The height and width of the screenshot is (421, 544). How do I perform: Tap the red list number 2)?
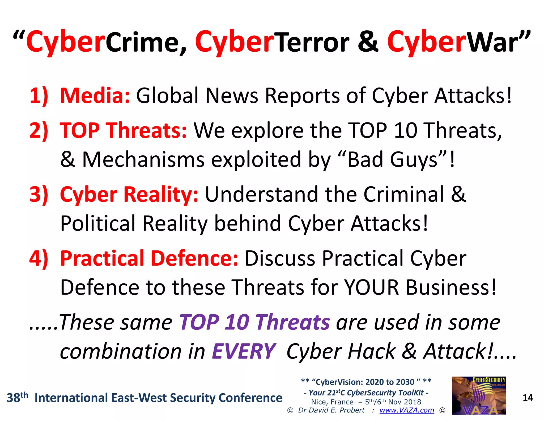[x=39, y=130]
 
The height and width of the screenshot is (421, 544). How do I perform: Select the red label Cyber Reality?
[x=129, y=194]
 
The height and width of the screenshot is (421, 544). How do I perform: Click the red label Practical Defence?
[x=149, y=258]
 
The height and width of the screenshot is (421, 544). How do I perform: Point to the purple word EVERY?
[x=244, y=351]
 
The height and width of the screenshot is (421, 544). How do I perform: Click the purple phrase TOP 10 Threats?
[x=254, y=322]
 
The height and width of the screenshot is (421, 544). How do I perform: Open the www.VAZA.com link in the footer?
[x=407, y=410]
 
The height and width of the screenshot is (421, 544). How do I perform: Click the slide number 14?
[x=528, y=398]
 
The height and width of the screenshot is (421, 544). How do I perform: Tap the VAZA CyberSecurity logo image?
[x=479, y=395]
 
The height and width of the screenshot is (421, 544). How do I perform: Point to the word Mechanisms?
[x=143, y=160]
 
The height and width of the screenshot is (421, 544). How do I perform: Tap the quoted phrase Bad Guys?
[x=393, y=160]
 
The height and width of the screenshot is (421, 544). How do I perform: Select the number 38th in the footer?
[x=17, y=397]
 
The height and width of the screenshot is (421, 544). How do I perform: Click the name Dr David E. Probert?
[x=331, y=410]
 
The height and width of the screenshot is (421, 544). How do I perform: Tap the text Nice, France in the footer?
[x=332, y=402]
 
